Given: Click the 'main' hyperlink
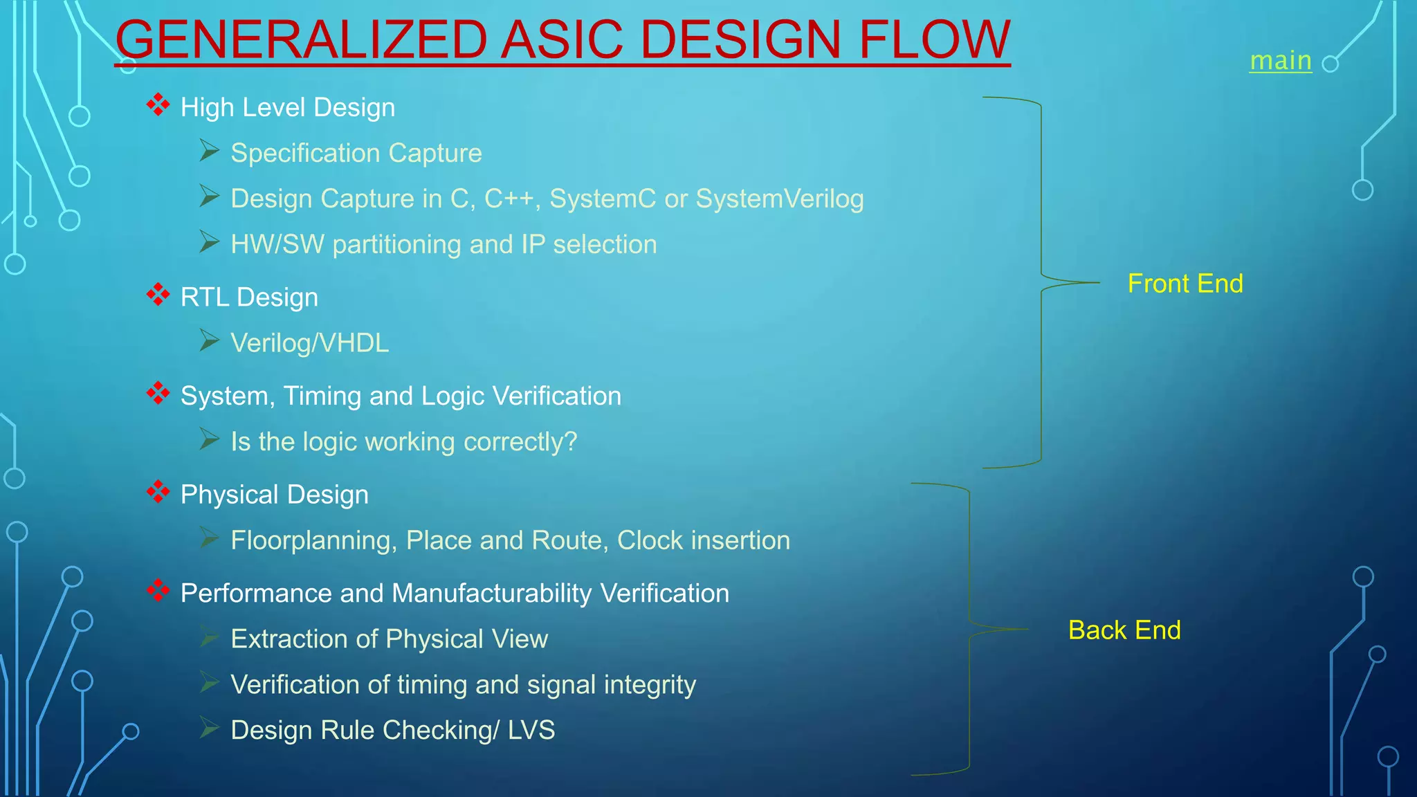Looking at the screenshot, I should click(1280, 61).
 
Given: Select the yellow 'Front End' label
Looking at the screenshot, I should click(1185, 284).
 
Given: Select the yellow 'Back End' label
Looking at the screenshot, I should click(1124, 630).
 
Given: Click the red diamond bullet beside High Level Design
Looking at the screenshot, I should click(158, 104).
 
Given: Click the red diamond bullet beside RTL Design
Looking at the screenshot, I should click(158, 294).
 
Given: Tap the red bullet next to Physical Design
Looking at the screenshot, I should click(158, 491).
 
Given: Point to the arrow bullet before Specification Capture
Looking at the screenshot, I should click(209, 150).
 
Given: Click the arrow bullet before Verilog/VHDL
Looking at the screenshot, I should click(209, 340).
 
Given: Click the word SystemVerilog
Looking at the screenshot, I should click(780, 199).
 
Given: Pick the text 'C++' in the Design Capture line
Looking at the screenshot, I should click(512, 199).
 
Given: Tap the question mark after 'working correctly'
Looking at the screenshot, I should click(570, 441).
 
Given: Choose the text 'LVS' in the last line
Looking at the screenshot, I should click(531, 730).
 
